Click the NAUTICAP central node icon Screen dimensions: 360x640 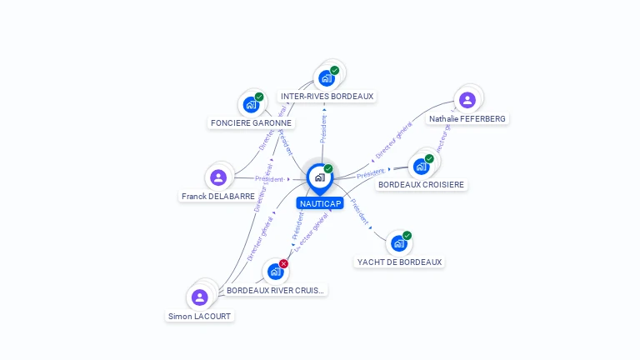319,177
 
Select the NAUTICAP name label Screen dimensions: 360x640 319,203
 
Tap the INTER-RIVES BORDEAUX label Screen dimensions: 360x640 327,97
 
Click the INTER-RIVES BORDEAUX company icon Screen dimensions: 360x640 327,77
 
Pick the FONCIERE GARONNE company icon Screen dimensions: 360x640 251,104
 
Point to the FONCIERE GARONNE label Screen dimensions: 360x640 251,122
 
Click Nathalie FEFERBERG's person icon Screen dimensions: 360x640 467,100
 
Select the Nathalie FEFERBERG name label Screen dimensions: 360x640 467,119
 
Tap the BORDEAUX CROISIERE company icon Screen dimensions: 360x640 421,166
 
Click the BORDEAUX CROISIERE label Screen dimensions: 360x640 421,184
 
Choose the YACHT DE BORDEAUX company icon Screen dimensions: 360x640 399,243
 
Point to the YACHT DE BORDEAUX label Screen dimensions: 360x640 399,262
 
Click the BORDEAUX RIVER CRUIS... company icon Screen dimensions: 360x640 275,272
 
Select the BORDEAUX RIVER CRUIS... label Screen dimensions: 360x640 275,290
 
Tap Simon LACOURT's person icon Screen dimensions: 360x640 199,297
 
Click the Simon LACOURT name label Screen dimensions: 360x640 199,317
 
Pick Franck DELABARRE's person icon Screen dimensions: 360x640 218,177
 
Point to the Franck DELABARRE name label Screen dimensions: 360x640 217,197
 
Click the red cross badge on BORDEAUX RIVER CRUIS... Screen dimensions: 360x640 283,263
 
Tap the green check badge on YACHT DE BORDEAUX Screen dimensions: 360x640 407,236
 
